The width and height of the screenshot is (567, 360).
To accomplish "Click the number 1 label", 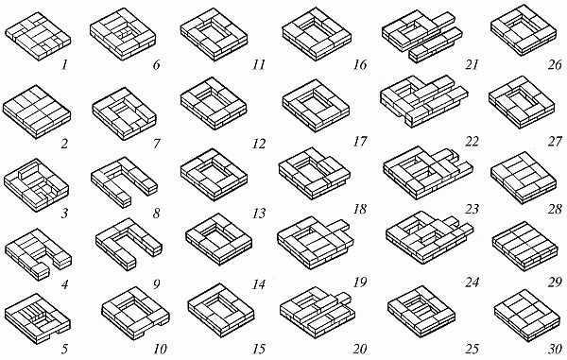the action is (64, 66).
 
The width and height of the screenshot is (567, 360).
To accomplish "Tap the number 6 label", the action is (156, 66).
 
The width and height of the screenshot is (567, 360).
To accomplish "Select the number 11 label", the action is (259, 65).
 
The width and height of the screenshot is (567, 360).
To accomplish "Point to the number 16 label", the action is (360, 65).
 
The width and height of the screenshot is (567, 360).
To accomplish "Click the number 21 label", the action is (472, 65).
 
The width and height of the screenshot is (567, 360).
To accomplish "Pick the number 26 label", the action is (555, 65).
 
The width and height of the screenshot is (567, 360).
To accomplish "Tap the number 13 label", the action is (259, 214).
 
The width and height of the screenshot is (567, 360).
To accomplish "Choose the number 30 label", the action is (555, 350).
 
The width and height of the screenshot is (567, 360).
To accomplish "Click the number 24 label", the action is (472, 282).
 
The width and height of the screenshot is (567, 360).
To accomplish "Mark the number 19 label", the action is (360, 282).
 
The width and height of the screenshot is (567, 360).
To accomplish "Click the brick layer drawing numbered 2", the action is (37, 112).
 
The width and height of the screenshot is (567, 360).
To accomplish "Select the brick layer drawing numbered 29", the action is (524, 247).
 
